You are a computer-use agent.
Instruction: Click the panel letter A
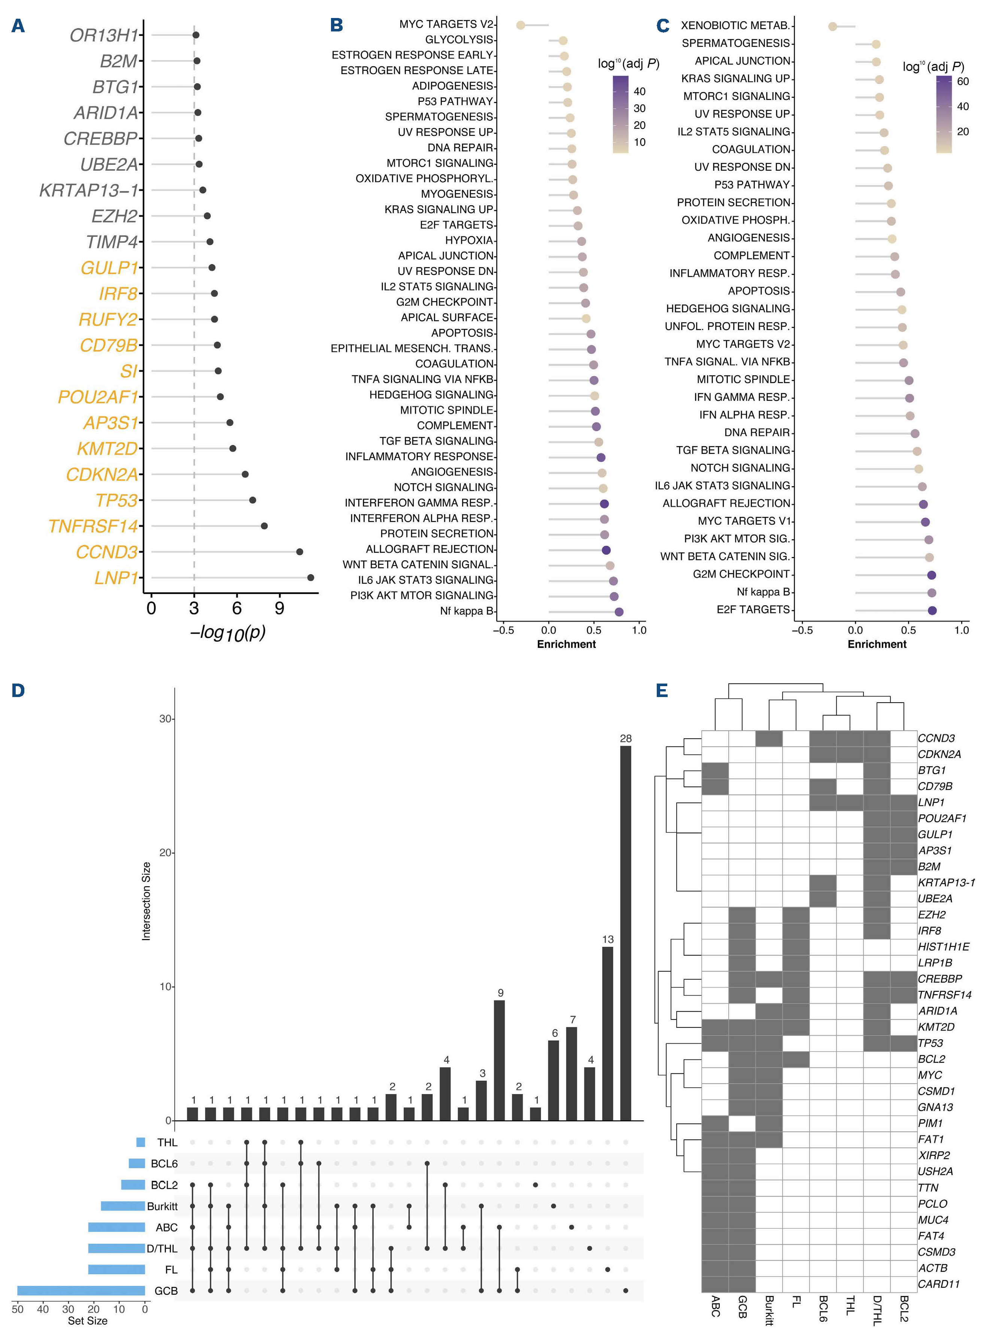pyautogui.click(x=18, y=26)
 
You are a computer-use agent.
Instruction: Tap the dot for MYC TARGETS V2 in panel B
pyautogui.click(x=520, y=25)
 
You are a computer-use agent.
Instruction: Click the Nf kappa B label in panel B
pyautogui.click(x=466, y=611)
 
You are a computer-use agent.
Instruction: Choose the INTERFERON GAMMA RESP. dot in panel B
pyautogui.click(x=604, y=504)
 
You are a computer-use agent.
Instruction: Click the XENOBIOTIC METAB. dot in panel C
pyautogui.click(x=833, y=27)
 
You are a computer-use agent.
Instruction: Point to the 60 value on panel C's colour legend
pyautogui.click(x=963, y=81)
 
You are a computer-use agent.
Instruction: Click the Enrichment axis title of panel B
pyautogui.click(x=566, y=644)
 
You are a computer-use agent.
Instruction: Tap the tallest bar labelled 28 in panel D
pyautogui.click(x=625, y=933)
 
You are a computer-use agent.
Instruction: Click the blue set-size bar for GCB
pyautogui.click(x=81, y=1291)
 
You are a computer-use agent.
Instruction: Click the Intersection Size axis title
pyautogui.click(x=146, y=901)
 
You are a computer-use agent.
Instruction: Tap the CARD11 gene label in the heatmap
pyautogui.click(x=938, y=1284)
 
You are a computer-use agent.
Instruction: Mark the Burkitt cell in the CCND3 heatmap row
pyautogui.click(x=769, y=738)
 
